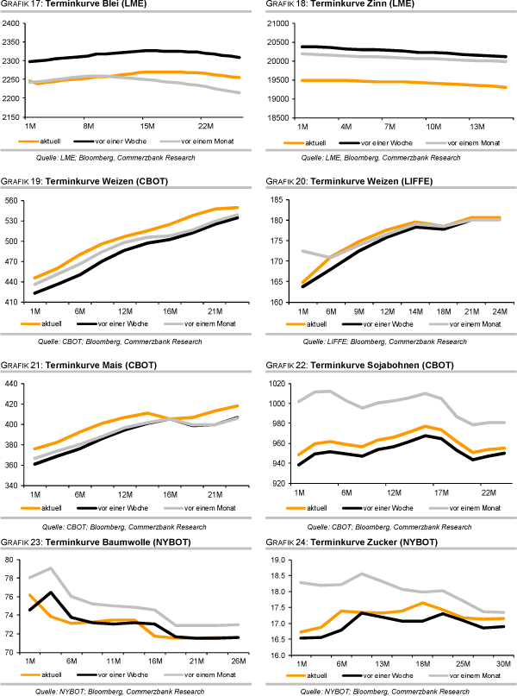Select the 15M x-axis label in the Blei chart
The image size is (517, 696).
(147, 125)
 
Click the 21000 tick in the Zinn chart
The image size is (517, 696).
(279, 22)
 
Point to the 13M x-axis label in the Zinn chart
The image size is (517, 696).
(478, 125)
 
